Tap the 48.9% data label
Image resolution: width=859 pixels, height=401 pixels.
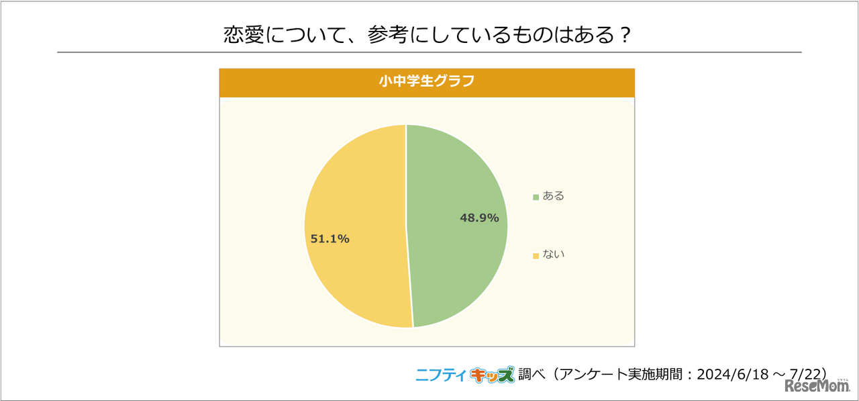pyautogui.click(x=479, y=218)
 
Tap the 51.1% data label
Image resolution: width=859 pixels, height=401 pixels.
pyautogui.click(x=330, y=238)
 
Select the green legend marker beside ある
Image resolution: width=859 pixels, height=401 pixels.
pyautogui.click(x=536, y=197)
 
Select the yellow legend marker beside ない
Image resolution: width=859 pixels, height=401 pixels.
pyautogui.click(x=536, y=255)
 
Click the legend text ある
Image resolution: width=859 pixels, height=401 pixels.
pyautogui.click(x=554, y=196)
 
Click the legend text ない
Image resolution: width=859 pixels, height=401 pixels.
pyautogui.click(x=554, y=255)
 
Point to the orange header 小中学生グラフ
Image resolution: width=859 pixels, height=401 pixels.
pyautogui.click(x=427, y=82)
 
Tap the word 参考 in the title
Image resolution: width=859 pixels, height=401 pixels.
pyautogui.click(x=388, y=36)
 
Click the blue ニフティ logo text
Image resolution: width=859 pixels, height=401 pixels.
pyautogui.click(x=440, y=375)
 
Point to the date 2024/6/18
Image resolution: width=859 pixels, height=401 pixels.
pyautogui.click(x=729, y=374)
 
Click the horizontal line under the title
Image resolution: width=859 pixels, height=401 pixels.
pyautogui.click(x=429, y=52)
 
